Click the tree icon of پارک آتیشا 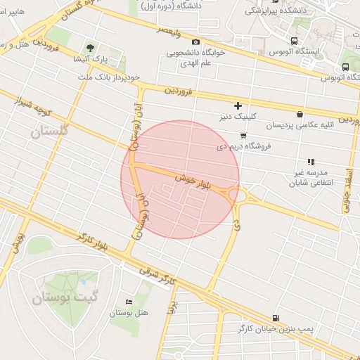click(x=89, y=48)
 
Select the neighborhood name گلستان click(x=51, y=131)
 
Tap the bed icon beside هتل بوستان click(x=127, y=302)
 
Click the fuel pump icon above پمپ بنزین click(x=275, y=318)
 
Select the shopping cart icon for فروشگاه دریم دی click(x=243, y=135)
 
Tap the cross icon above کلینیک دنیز click(x=238, y=105)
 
